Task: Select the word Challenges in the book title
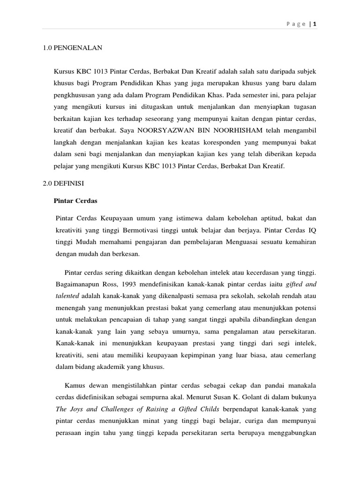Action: point(116,408)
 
